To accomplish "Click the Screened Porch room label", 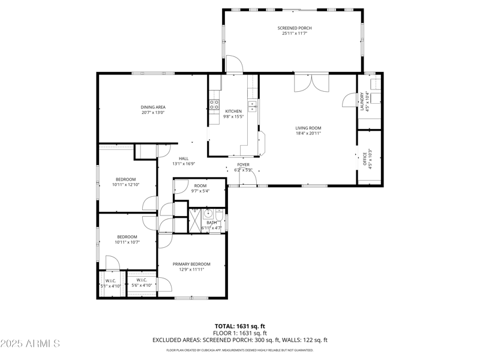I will (x=295, y=28).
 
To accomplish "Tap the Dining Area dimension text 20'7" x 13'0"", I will (x=153, y=113).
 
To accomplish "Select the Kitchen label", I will (x=233, y=111).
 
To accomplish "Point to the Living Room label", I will (x=308, y=127).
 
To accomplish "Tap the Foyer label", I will (x=243, y=164).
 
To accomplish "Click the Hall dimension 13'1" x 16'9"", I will (x=184, y=164).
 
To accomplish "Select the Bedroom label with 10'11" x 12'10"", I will (x=125, y=179).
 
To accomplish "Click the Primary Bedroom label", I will (x=191, y=264).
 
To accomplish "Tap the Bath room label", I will (x=212, y=223).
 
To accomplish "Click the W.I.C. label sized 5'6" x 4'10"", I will (x=142, y=280).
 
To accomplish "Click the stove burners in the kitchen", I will (x=214, y=106).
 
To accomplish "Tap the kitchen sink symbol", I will (x=253, y=107).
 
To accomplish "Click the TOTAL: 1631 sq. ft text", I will (x=240, y=326).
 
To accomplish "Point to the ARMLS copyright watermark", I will (x=30, y=343).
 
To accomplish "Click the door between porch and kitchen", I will (x=234, y=65).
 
